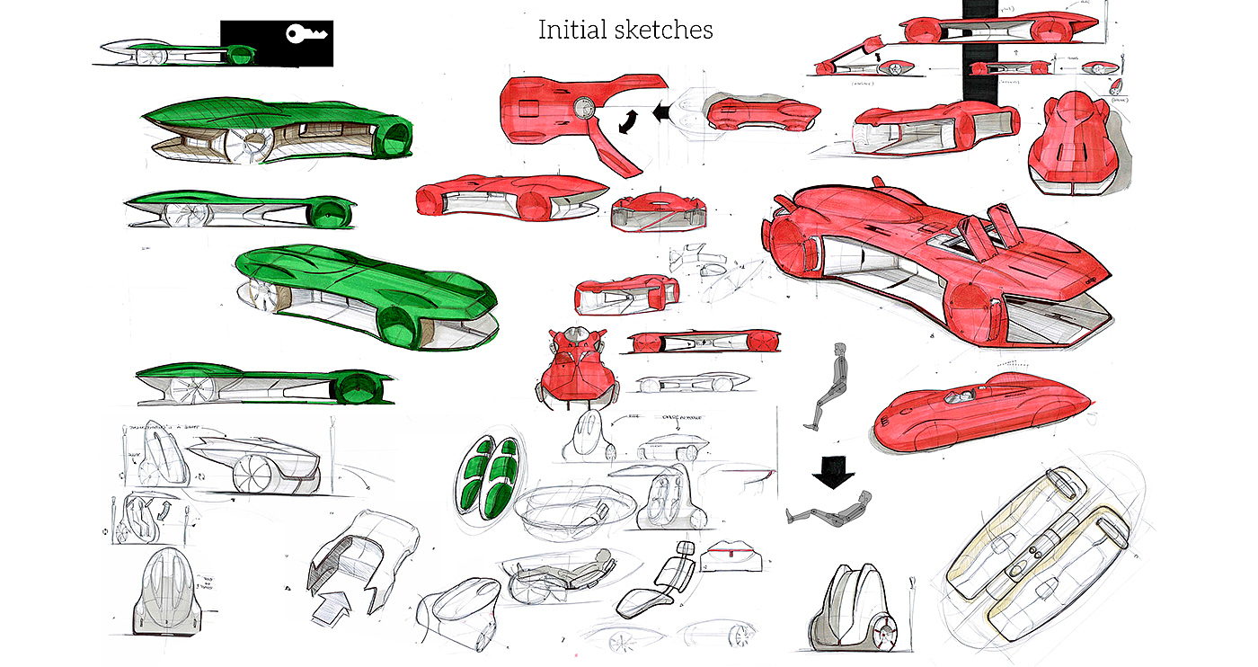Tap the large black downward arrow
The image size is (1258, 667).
click(833, 471)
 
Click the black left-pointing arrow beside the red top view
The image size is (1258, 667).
click(664, 113)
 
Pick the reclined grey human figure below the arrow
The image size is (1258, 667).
click(828, 508)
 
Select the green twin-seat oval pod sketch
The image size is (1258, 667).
click(491, 477)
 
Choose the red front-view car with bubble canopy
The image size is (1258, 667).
click(575, 364)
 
